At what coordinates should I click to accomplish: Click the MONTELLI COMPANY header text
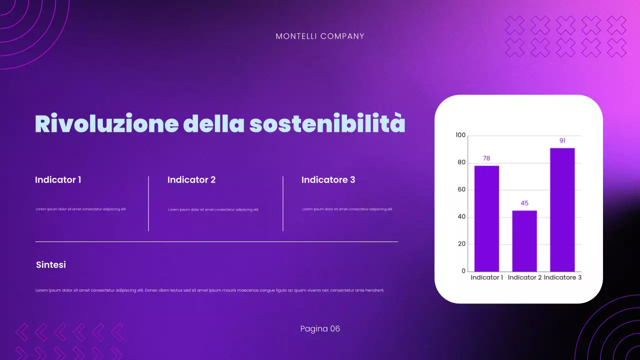(320, 36)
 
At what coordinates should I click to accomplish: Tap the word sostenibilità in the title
(327, 124)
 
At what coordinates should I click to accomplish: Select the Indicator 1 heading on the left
(58, 180)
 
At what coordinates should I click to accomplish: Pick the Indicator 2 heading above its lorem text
(191, 180)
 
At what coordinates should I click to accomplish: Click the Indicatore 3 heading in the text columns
(328, 180)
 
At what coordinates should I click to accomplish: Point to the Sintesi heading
(51, 265)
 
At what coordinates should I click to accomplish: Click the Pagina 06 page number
(320, 329)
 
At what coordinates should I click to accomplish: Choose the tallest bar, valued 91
(562, 210)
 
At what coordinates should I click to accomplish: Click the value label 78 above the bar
(486, 158)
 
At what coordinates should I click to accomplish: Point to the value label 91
(562, 141)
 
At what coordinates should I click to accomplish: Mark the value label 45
(524, 203)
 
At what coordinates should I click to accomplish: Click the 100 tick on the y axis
(460, 135)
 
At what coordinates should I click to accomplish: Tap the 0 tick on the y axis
(463, 271)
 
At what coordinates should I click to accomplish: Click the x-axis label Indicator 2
(524, 277)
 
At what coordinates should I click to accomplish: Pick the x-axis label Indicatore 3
(562, 277)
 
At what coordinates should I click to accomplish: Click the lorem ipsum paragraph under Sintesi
(210, 290)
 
